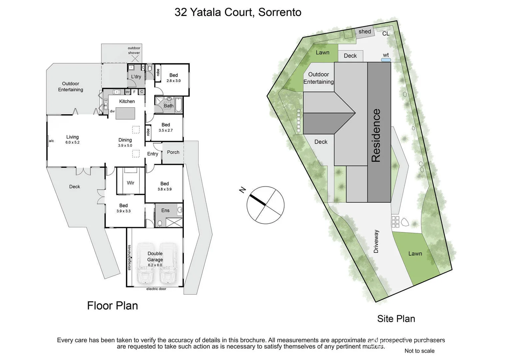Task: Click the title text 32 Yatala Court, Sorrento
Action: coord(238,12)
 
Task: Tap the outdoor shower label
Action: coord(134,50)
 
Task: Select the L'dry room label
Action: coord(136,77)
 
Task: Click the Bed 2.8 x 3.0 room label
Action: coord(174,78)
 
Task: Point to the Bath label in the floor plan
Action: coord(169,106)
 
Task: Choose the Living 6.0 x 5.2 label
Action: coord(72,139)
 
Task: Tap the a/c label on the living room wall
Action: coord(51,141)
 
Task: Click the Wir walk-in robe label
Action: coord(131,183)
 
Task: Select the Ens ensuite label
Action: coord(165,210)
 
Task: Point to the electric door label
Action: coord(156,289)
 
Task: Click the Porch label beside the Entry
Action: coord(173,152)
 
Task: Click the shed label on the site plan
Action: coord(365,32)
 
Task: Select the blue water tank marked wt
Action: coord(386,60)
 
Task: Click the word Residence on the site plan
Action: coord(376,135)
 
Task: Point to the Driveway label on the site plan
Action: coord(376,241)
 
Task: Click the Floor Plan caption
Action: coord(112,305)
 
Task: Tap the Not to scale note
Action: coord(419,351)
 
